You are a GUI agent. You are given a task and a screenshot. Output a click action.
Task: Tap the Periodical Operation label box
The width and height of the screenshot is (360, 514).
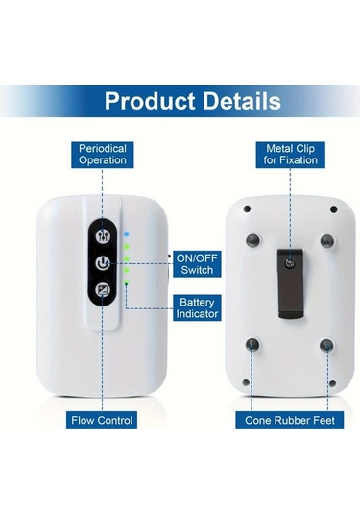point(102,155)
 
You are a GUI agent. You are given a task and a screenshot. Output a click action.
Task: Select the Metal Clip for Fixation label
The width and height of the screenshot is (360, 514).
point(289,155)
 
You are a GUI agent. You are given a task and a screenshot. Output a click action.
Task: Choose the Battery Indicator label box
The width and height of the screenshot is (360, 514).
point(199,307)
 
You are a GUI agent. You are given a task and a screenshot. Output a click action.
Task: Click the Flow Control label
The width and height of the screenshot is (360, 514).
point(102,420)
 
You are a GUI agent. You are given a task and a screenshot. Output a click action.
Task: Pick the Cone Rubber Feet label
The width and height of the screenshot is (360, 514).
point(289,420)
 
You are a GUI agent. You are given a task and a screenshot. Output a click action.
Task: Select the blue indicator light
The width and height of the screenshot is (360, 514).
point(126,233)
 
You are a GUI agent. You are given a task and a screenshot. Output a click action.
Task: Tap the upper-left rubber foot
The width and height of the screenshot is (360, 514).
point(252,240)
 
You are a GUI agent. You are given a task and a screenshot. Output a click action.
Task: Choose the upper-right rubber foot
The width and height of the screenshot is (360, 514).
point(326,240)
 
